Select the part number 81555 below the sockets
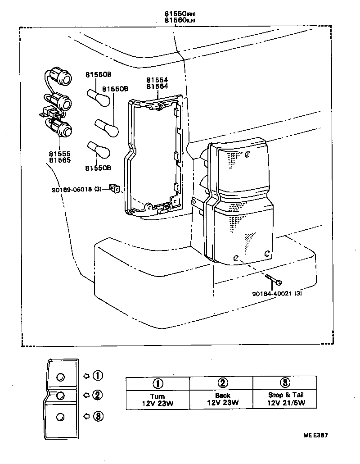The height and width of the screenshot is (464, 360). pyautogui.click(x=59, y=154)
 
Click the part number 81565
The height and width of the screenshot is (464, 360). pyautogui.click(x=59, y=160)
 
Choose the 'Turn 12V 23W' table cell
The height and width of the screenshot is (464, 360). pyautogui.click(x=157, y=399)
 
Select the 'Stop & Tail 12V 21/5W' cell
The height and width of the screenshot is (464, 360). pyautogui.click(x=286, y=399)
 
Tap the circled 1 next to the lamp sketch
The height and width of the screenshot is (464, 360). pyautogui.click(x=98, y=375)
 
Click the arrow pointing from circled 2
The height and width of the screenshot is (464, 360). pyautogui.click(x=86, y=395)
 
